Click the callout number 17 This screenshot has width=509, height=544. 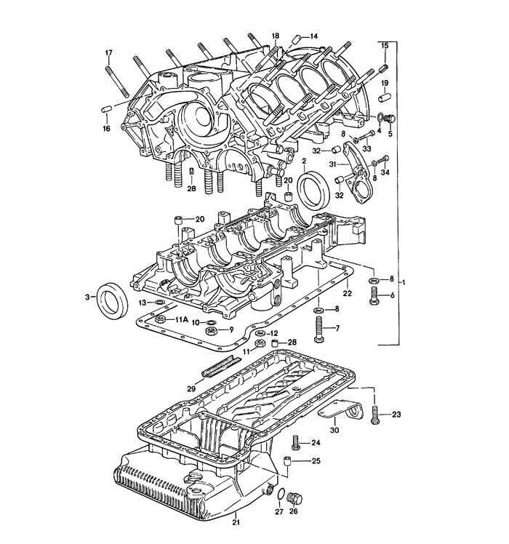pyautogui.click(x=108, y=53)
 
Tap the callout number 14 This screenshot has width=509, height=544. pyautogui.click(x=313, y=36)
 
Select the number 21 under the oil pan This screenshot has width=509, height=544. pyautogui.click(x=236, y=523)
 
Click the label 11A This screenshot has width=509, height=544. pyautogui.click(x=181, y=320)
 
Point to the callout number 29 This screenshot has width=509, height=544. pyautogui.click(x=191, y=389)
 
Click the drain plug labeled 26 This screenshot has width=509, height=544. pyautogui.click(x=295, y=499)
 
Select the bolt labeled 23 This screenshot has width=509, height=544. pyautogui.click(x=374, y=415)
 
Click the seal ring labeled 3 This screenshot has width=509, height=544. pyautogui.click(x=112, y=300)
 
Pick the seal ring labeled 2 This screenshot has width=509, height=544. pyautogui.click(x=314, y=190)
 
